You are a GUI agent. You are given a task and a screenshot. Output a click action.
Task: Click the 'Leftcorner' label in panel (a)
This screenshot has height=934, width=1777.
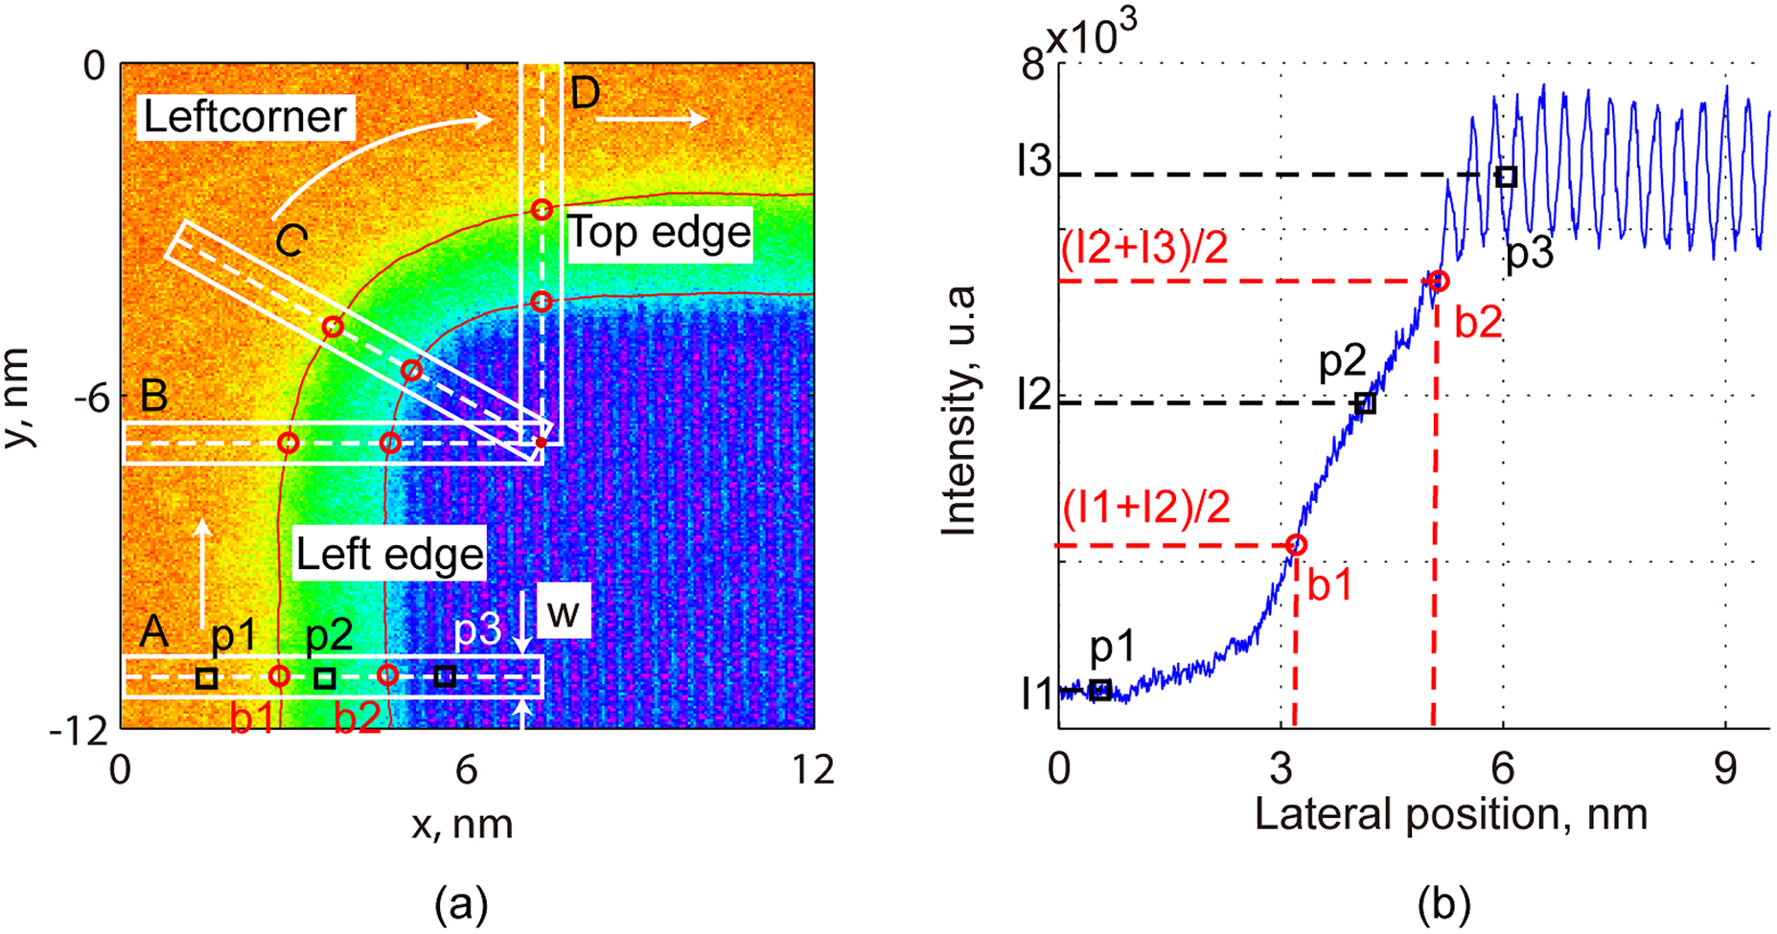244,117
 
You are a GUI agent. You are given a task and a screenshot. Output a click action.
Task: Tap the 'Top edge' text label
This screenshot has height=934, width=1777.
659,233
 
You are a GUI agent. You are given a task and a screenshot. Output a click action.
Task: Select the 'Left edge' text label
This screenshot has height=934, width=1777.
389,555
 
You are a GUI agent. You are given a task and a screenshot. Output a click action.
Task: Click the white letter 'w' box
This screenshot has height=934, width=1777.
564,613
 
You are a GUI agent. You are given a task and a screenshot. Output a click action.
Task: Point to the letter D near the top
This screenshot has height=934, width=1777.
585,93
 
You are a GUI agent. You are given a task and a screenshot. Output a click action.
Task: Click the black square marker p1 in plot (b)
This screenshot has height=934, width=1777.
1101,690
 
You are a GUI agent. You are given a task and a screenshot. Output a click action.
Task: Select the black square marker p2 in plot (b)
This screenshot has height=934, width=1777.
1366,404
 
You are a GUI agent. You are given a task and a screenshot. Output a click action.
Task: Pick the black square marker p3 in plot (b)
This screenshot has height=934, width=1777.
1507,176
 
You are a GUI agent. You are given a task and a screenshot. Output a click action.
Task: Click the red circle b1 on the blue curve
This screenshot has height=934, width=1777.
1296,545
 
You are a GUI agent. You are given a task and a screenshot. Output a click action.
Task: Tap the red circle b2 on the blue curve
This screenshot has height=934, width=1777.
1438,281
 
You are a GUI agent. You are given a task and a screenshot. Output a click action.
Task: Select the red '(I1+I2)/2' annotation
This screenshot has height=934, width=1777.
1146,508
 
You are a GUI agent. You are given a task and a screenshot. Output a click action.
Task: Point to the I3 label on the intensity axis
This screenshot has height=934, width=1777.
1035,163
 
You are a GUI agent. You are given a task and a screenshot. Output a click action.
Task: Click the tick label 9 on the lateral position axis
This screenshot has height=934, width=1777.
1725,769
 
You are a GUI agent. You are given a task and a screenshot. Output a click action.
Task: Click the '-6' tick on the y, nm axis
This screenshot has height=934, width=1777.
91,396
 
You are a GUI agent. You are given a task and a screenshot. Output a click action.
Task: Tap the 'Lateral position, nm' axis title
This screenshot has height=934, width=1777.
1450,815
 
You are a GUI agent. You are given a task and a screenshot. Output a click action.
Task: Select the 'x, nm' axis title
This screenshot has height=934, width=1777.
462,824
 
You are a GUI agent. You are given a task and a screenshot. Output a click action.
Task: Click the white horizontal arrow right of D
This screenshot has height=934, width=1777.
651,119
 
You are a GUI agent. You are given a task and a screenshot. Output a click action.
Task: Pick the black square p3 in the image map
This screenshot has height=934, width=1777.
444,676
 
